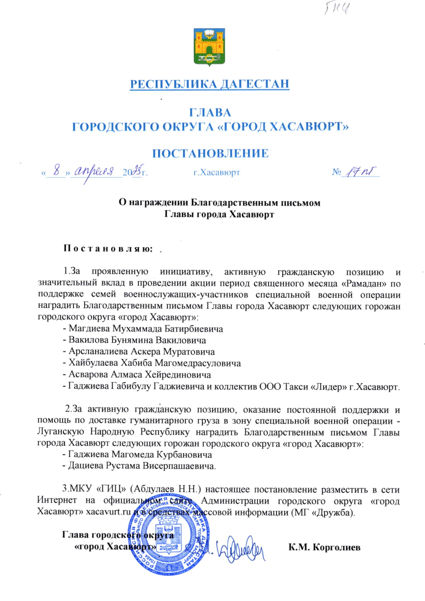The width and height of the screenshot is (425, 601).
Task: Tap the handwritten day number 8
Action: click(x=59, y=171)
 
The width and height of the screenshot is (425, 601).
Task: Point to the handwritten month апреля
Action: click(x=95, y=171)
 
